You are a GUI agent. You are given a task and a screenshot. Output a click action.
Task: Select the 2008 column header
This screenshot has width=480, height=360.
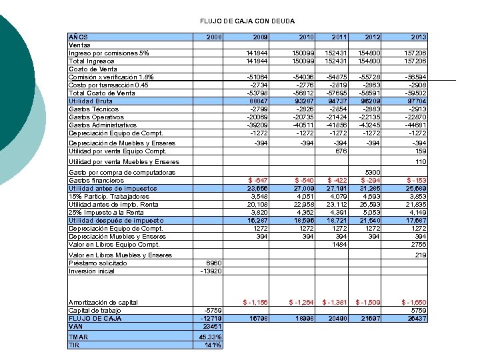click(x=214, y=37)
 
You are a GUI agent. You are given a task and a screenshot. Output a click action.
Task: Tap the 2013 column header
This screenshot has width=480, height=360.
click(x=418, y=37)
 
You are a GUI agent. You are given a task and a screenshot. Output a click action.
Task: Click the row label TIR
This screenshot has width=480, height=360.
click(x=74, y=345)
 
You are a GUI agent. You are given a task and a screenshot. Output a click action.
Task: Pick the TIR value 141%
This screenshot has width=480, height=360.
click(x=213, y=345)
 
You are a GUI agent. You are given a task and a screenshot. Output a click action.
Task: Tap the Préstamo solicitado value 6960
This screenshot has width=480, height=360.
click(x=213, y=263)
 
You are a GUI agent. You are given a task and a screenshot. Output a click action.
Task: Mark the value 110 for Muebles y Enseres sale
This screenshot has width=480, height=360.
click(x=420, y=162)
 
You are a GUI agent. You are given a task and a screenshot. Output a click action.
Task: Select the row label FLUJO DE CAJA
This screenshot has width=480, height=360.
click(x=94, y=319)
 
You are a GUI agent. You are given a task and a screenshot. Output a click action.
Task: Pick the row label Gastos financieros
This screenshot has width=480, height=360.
click(x=96, y=181)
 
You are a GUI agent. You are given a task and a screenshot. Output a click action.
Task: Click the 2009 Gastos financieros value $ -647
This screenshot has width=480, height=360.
click(x=258, y=181)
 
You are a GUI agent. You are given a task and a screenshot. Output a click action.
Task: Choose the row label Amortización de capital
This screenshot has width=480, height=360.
click(x=103, y=303)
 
